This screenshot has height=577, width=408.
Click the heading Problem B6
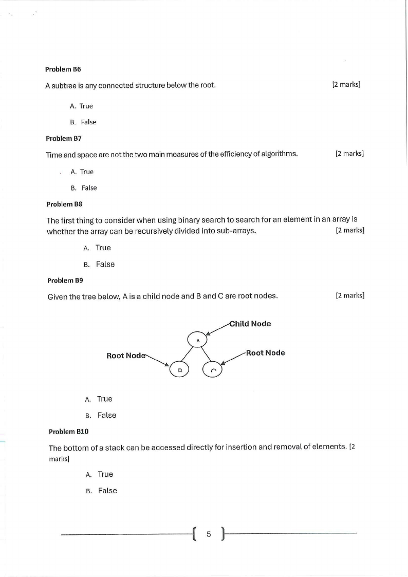pyautogui.click(x=63, y=69)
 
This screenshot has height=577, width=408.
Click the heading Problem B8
pyautogui.click(x=64, y=204)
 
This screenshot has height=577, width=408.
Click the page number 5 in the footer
pyautogui.click(x=209, y=534)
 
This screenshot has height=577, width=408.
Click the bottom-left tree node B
pyautogui.click(x=180, y=369)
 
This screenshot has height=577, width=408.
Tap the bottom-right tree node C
pyautogui.click(x=213, y=369)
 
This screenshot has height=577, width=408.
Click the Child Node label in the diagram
pyautogui.click(x=250, y=324)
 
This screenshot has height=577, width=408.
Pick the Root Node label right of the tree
pyautogui.click(x=265, y=352)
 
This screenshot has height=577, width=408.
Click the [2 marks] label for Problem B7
pyautogui.click(x=349, y=154)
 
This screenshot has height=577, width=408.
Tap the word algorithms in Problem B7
pyautogui.click(x=280, y=154)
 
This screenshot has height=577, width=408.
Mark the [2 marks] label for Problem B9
pyautogui.click(x=350, y=295)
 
